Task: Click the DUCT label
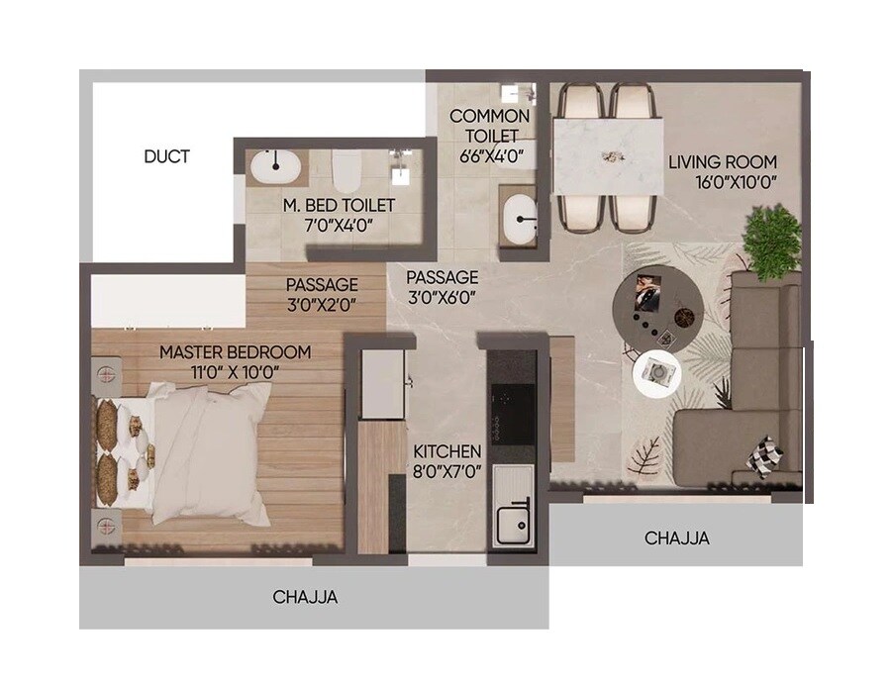[166, 156]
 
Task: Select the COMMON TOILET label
[489, 125]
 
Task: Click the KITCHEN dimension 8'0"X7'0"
[447, 471]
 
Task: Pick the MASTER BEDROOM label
[235, 352]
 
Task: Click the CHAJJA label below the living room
[676, 538]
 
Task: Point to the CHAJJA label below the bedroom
[305, 597]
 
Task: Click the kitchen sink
[513, 511]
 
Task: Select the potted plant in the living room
[771, 240]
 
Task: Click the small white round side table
[658, 373]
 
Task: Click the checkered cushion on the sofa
[765, 454]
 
